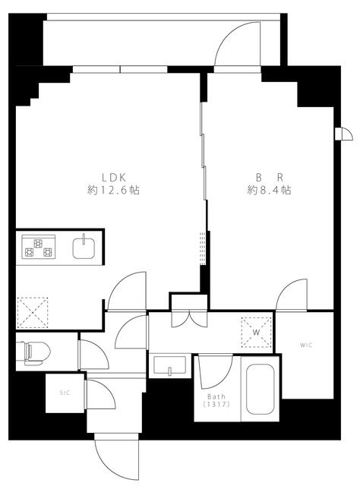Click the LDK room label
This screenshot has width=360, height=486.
(114, 178)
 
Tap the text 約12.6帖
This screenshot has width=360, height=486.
(113, 190)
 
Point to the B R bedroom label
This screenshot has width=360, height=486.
(269, 178)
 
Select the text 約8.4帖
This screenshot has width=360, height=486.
(269, 190)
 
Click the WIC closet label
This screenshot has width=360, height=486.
(306, 345)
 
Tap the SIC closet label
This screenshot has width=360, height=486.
(65, 393)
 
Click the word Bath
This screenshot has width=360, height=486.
(216, 396)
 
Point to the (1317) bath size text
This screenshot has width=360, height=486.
(216, 404)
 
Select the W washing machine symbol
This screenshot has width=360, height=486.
(257, 333)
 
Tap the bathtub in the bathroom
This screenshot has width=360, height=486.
(261, 389)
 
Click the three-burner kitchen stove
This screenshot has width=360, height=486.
(39, 247)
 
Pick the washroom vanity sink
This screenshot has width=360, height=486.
(170, 364)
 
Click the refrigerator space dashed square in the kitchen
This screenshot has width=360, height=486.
(33, 312)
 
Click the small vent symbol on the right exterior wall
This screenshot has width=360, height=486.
(344, 134)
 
